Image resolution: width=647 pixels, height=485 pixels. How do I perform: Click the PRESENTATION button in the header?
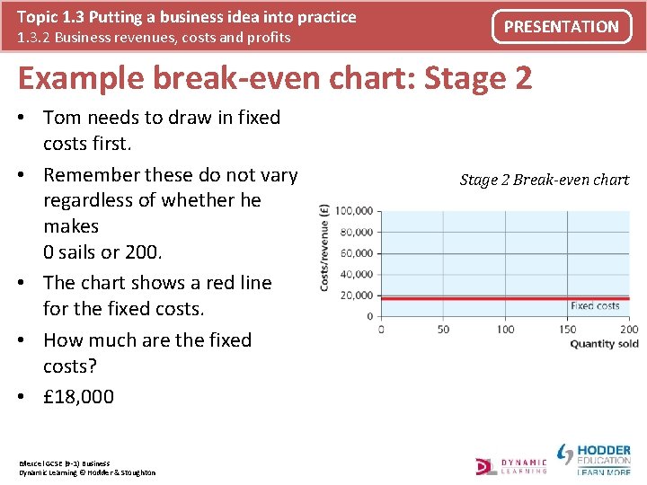tap(561, 27)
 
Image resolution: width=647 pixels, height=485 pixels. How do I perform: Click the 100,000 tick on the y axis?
tap(354, 211)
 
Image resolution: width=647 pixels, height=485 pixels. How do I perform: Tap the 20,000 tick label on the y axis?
tap(356, 295)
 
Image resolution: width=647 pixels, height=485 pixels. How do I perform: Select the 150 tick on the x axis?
tap(568, 329)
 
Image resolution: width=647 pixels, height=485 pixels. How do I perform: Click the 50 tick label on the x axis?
tap(443, 329)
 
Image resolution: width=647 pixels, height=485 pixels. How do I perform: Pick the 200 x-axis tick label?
tap(629, 329)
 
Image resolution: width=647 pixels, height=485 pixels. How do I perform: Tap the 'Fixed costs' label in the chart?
tap(595, 306)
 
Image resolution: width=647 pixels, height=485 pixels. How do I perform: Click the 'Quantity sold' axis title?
tap(604, 343)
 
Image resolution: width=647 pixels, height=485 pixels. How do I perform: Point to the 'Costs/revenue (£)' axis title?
tap(324, 246)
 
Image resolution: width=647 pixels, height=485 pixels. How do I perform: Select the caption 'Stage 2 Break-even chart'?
tap(545, 180)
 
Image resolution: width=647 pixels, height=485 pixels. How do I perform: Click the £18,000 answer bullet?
tap(79, 396)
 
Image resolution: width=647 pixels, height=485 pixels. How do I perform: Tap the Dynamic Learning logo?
tap(511, 464)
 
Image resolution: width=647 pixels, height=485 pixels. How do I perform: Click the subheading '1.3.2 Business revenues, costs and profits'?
tap(154, 38)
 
